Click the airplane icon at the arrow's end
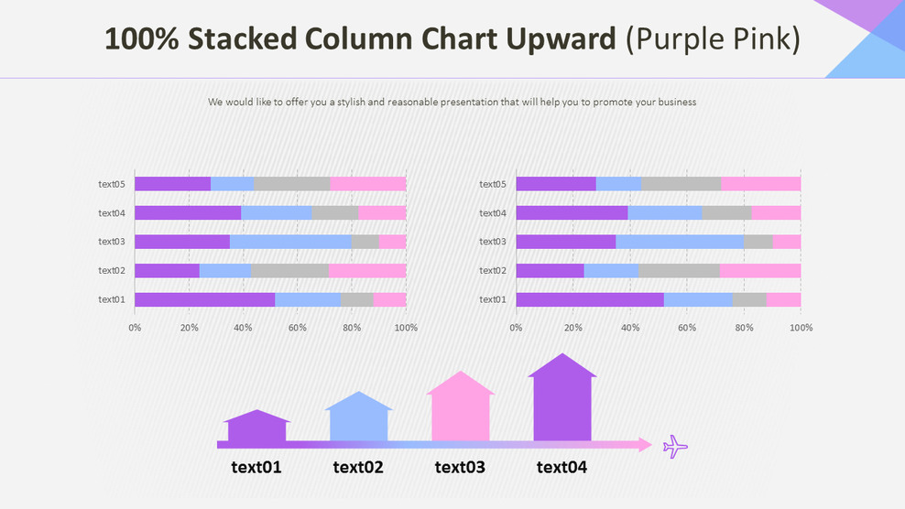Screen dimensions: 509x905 click(675, 447)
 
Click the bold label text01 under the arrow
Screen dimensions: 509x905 click(256, 468)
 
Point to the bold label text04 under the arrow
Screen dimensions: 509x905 click(562, 468)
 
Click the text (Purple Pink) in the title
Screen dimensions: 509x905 click(713, 39)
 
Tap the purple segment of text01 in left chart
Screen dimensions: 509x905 click(204, 299)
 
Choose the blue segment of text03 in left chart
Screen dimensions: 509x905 click(290, 242)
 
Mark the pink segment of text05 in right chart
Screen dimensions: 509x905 click(760, 184)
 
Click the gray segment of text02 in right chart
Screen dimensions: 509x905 click(679, 271)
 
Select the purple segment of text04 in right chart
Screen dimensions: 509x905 click(572, 213)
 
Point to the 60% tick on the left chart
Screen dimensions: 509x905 click(297, 328)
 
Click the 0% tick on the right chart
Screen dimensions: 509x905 click(516, 328)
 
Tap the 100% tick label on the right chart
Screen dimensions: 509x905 click(801, 328)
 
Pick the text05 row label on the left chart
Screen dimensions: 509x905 click(111, 184)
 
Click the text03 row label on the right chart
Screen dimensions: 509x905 click(492, 242)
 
